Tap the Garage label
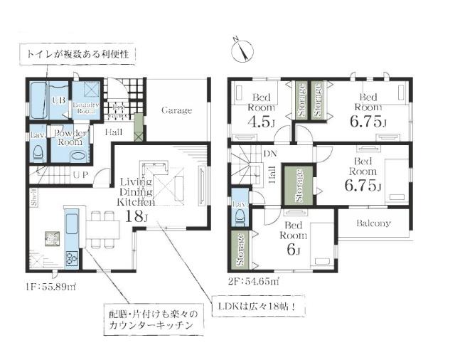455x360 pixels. point(176,110)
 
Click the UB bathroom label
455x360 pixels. point(60,100)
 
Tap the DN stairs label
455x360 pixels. point(269,154)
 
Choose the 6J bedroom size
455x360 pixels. point(291,250)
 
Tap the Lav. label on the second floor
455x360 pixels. point(240,203)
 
